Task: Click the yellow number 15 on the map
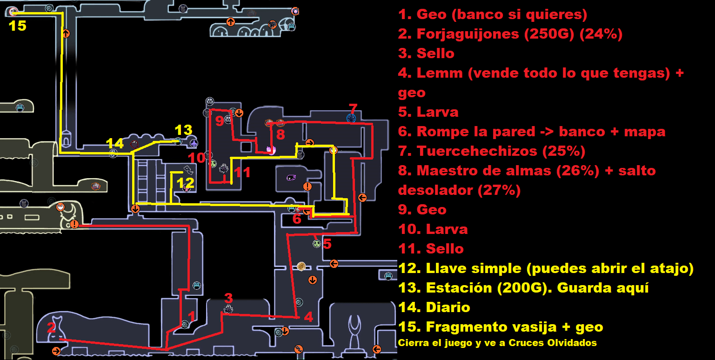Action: [x=18, y=26]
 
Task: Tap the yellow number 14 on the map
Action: [x=115, y=143]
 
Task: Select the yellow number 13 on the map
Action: [x=183, y=129]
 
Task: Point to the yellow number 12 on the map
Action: [x=186, y=182]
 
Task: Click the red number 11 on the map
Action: [x=242, y=173]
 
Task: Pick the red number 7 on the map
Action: [x=353, y=109]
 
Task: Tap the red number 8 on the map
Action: [x=280, y=134]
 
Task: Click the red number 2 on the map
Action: [x=51, y=327]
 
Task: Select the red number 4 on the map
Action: [x=308, y=317]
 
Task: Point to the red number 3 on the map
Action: [x=228, y=298]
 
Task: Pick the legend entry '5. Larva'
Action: [x=428, y=112]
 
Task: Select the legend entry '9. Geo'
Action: [x=422, y=210]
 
